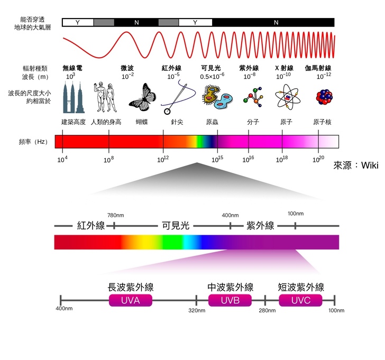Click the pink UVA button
point(130,301)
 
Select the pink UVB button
point(230,301)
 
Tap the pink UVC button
point(300,301)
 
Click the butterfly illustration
point(142,98)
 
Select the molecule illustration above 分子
point(252,98)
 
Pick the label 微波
point(127,68)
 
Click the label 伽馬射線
point(318,68)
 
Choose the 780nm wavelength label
point(115,215)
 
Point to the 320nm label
point(197,311)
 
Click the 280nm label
point(267,311)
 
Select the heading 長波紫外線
point(130,288)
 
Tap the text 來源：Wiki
point(356,165)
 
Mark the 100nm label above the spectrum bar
point(296,214)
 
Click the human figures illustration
point(104,97)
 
